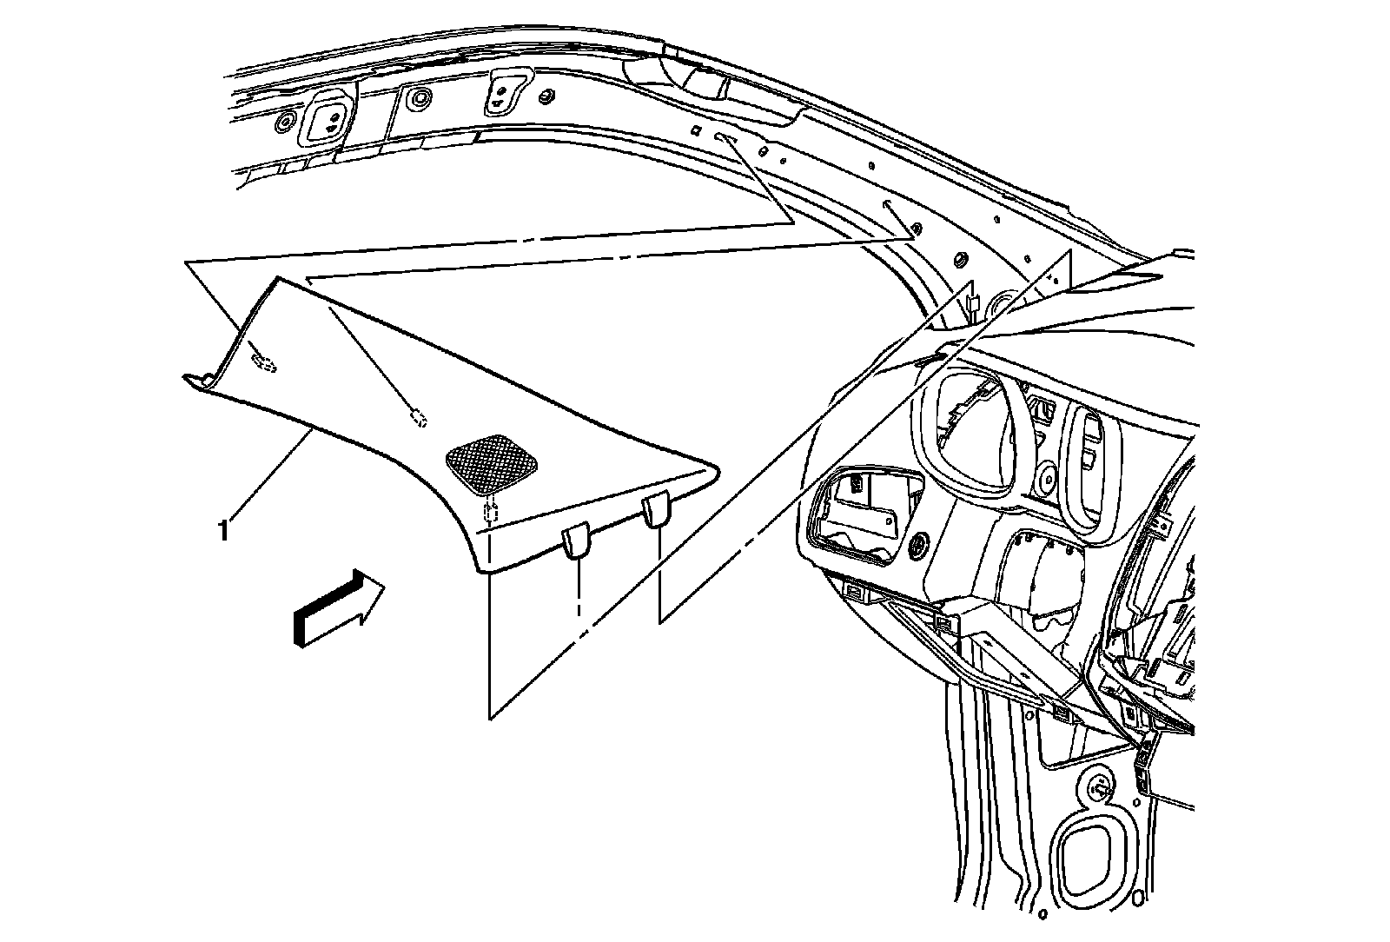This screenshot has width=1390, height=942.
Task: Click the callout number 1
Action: pyautogui.click(x=225, y=529)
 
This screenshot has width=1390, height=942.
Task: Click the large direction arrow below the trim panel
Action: pyautogui.click(x=338, y=608)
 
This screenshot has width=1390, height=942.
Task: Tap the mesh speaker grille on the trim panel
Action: pyautogui.click(x=491, y=464)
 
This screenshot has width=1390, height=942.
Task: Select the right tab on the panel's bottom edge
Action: pyautogui.click(x=657, y=510)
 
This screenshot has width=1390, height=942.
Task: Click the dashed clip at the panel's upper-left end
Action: pyautogui.click(x=263, y=363)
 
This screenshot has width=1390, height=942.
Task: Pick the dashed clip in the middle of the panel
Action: pyautogui.click(x=420, y=419)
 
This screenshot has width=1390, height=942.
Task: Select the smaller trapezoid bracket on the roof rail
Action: pyautogui.click(x=503, y=90)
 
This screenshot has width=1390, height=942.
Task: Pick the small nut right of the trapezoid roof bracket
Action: pyautogui.click(x=547, y=95)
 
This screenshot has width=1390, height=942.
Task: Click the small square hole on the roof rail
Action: pyautogui.click(x=696, y=131)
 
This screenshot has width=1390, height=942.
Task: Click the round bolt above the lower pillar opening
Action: pyautogui.click(x=1096, y=789)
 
